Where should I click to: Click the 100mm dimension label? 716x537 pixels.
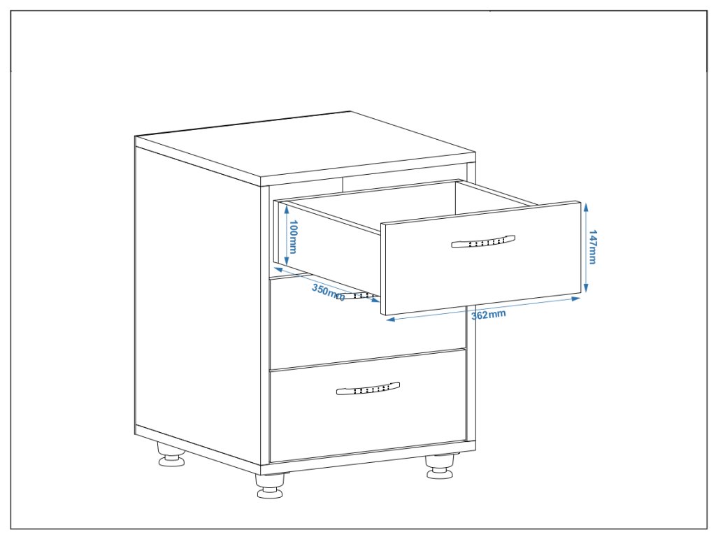tap(294, 237)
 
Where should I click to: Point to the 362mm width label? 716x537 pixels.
tap(488, 315)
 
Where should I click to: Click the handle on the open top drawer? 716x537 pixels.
tap(483, 241)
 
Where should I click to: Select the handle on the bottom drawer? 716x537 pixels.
tap(368, 388)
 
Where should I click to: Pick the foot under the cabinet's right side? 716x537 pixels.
tap(441, 467)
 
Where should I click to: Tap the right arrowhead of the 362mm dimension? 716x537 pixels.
tap(578, 299)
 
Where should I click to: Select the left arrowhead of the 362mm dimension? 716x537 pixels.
tap(389, 320)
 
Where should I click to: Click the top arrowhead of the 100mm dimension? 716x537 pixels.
tap(287, 206)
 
